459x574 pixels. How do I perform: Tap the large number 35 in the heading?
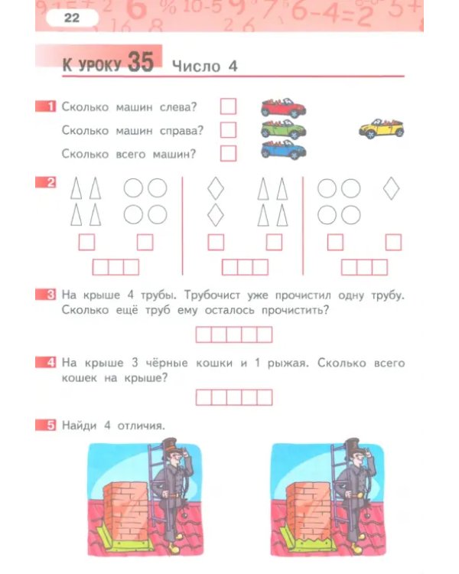(141, 63)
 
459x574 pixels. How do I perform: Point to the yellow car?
(381, 128)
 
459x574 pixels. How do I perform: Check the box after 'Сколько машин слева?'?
(228, 106)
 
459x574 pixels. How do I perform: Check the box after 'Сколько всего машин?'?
(228, 153)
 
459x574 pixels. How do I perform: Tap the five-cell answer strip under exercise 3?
(234, 334)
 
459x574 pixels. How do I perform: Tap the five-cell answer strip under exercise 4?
(234, 397)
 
